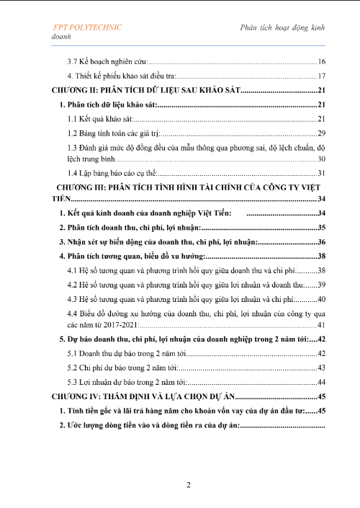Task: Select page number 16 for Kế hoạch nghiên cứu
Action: [x=322, y=62]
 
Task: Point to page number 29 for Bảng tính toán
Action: [x=322, y=133]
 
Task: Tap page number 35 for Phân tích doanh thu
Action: [x=322, y=228]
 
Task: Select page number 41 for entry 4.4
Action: [x=322, y=326]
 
